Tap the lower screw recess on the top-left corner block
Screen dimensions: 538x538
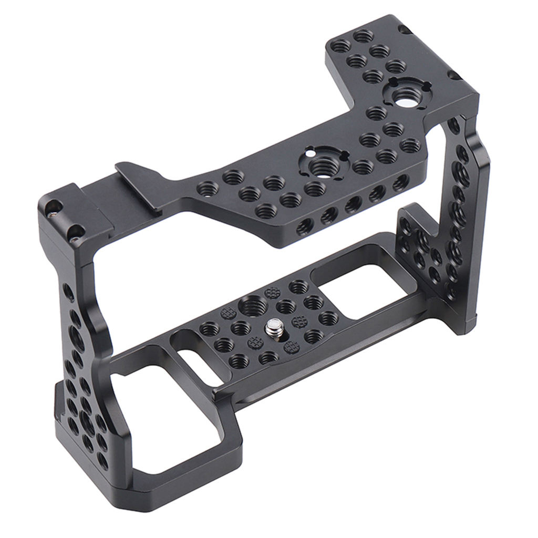pyautogui.click(x=75, y=232)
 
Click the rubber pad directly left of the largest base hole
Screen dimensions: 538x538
pyautogui.click(x=229, y=313)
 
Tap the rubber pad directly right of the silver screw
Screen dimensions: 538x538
pyautogui.click(x=299, y=322)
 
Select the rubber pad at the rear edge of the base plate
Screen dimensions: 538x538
pyautogui.click(x=273, y=293)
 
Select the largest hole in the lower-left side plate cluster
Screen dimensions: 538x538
pyautogui.click(x=87, y=421)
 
